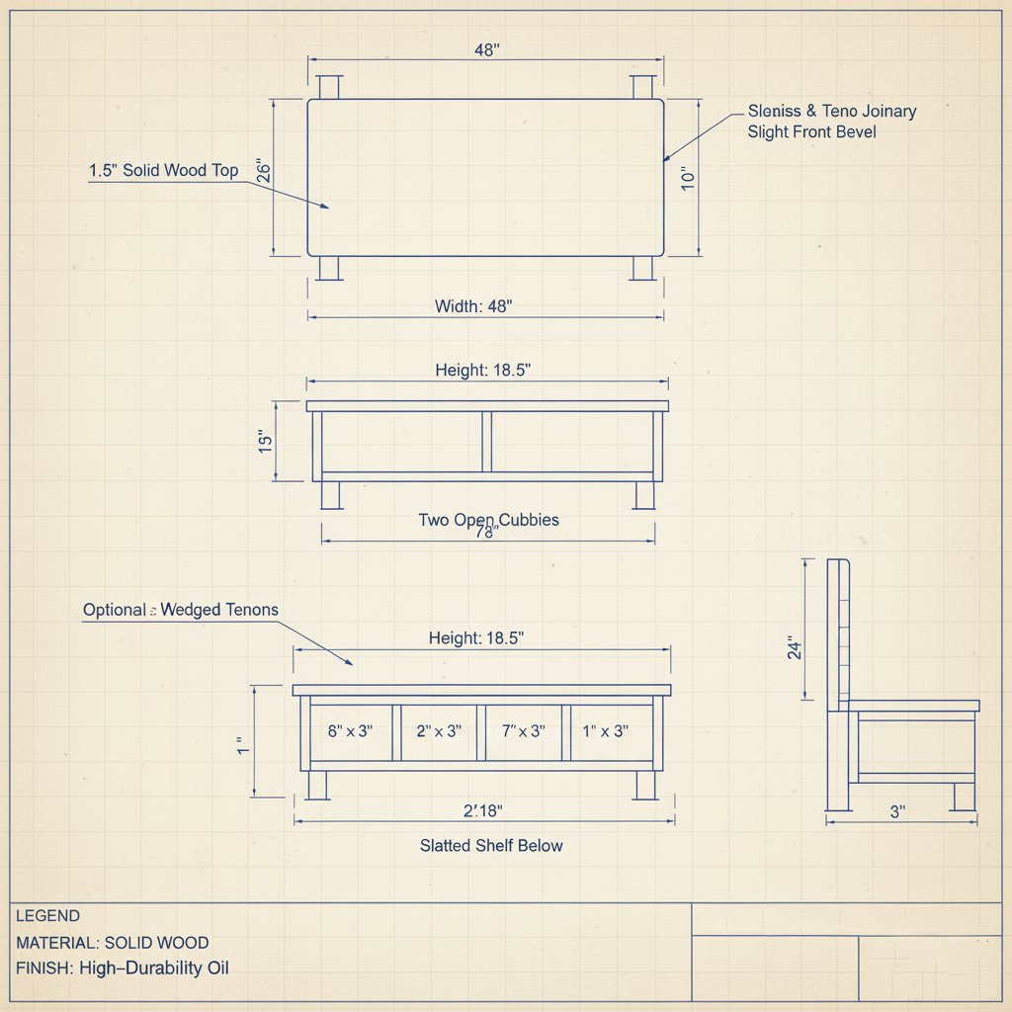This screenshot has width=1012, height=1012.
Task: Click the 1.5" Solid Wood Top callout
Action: pos(163,170)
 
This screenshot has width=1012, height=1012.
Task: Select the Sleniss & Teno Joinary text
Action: pos(832,111)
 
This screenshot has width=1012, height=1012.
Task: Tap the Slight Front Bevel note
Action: pos(812,132)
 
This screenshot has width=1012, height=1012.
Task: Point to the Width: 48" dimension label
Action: pos(473,306)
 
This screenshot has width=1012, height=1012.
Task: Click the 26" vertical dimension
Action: pos(263,171)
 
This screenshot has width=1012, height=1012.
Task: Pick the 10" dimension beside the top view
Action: pos(688,179)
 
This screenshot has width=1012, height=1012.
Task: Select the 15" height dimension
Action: pos(265,442)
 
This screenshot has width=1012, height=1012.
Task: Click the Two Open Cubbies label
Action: pos(488,520)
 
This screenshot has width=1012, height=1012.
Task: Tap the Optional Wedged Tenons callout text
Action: pos(181,610)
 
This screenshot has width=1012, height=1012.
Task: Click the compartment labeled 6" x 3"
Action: pos(351,732)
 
